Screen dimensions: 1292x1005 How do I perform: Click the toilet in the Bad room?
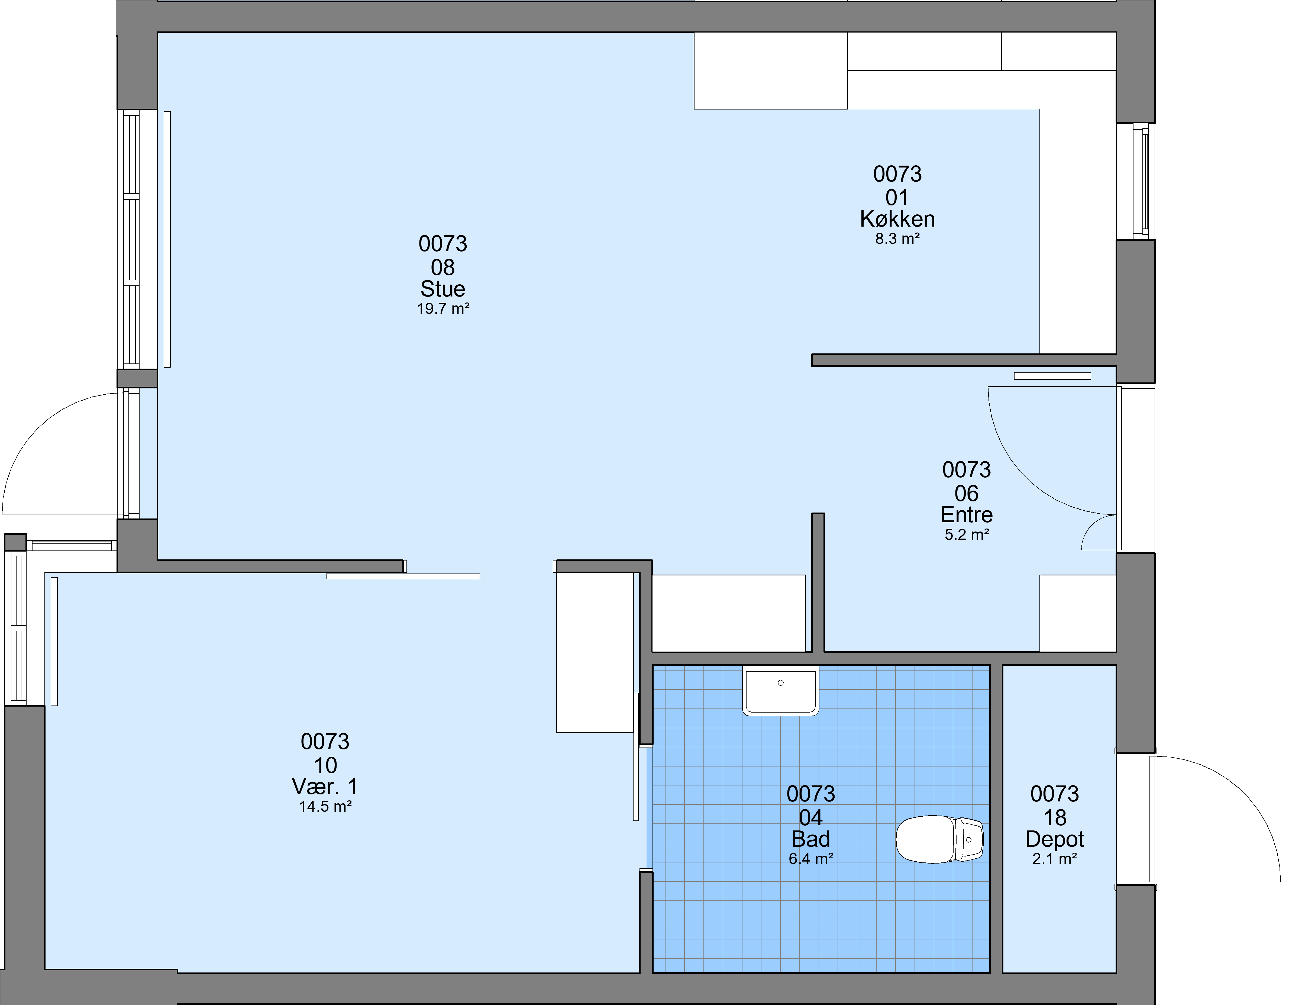click(x=939, y=839)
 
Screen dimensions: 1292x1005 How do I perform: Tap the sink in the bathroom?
click(x=781, y=690)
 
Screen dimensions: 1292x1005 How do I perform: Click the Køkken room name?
click(x=897, y=219)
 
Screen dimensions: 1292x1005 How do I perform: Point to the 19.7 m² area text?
click(x=443, y=308)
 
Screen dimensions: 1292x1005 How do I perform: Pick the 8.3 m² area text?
click(x=897, y=239)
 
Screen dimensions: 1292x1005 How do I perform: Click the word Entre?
click(x=967, y=514)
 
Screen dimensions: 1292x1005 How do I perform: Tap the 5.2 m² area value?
click(x=967, y=534)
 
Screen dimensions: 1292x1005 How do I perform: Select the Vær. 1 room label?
click(x=325, y=787)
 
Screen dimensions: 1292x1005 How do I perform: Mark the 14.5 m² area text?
click(x=325, y=806)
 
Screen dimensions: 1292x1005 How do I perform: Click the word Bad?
click(x=810, y=839)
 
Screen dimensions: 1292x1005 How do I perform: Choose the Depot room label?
click(x=1054, y=839)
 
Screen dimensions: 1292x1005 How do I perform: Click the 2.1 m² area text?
click(x=1054, y=858)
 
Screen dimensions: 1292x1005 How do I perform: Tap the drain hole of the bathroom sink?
click(x=781, y=683)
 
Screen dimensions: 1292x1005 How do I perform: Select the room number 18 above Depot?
click(x=1054, y=817)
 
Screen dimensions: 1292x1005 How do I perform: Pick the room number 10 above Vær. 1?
click(x=325, y=765)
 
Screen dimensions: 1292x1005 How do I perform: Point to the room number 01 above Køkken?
click(x=897, y=198)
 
